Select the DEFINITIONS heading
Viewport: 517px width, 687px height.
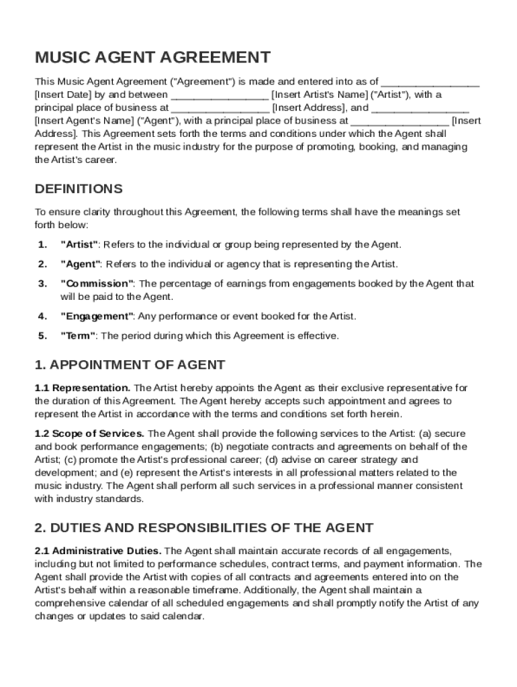[79, 189]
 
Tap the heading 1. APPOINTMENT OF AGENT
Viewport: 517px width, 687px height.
[130, 365]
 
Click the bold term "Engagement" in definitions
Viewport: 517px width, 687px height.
[97, 316]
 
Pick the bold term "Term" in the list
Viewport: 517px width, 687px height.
[79, 335]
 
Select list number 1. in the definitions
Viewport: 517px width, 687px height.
[42, 244]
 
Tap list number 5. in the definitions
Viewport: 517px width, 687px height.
[42, 335]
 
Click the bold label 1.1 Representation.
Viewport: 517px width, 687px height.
[83, 388]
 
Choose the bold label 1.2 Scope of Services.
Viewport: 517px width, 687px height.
[89, 433]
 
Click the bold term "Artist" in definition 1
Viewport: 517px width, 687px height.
[80, 244]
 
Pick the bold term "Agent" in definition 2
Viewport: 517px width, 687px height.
[81, 264]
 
